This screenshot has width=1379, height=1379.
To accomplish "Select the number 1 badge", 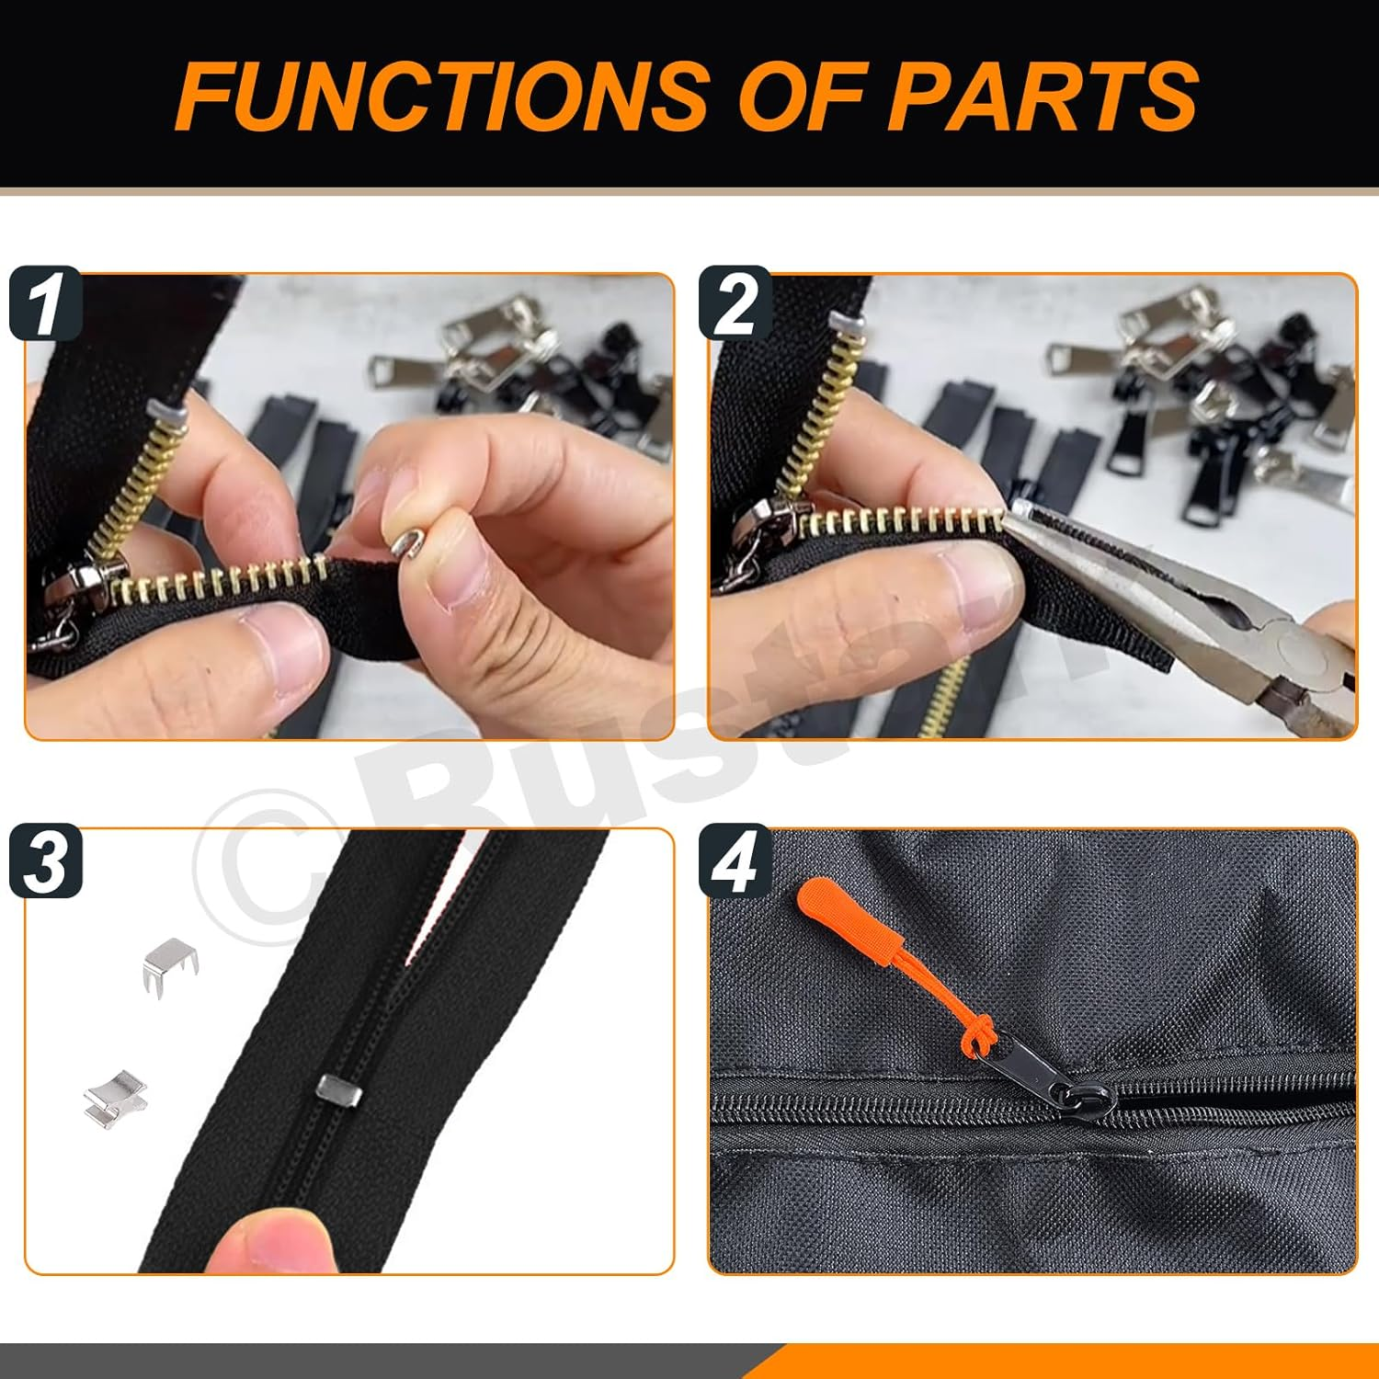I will tap(45, 303).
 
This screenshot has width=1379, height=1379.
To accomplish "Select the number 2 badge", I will tap(735, 303).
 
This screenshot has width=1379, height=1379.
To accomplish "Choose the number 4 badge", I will tap(735, 861).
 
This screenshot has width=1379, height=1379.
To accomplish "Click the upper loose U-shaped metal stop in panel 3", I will tap(171, 964).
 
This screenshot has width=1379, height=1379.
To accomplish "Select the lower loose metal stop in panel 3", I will tap(115, 1098).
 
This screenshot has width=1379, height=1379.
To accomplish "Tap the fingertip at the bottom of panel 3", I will tap(267, 1241).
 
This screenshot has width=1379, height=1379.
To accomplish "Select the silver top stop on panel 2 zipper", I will tap(847, 323).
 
